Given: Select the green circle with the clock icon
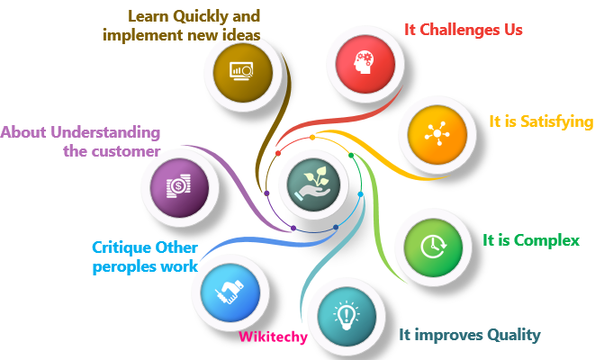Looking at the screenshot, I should pyautogui.click(x=434, y=244).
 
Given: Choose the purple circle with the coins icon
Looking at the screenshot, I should pyautogui.click(x=178, y=188).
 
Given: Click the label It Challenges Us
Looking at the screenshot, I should pyautogui.click(x=464, y=30).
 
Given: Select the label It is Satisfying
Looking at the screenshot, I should pyautogui.click(x=540, y=121).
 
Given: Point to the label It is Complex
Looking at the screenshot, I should pyautogui.click(x=531, y=240).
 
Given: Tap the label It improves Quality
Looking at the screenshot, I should pyautogui.click(x=470, y=335).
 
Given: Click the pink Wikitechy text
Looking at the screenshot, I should pyautogui.click(x=273, y=337).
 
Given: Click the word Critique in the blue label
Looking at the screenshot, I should pyautogui.click(x=121, y=247).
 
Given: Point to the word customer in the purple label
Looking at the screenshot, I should pyautogui.click(x=125, y=151).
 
